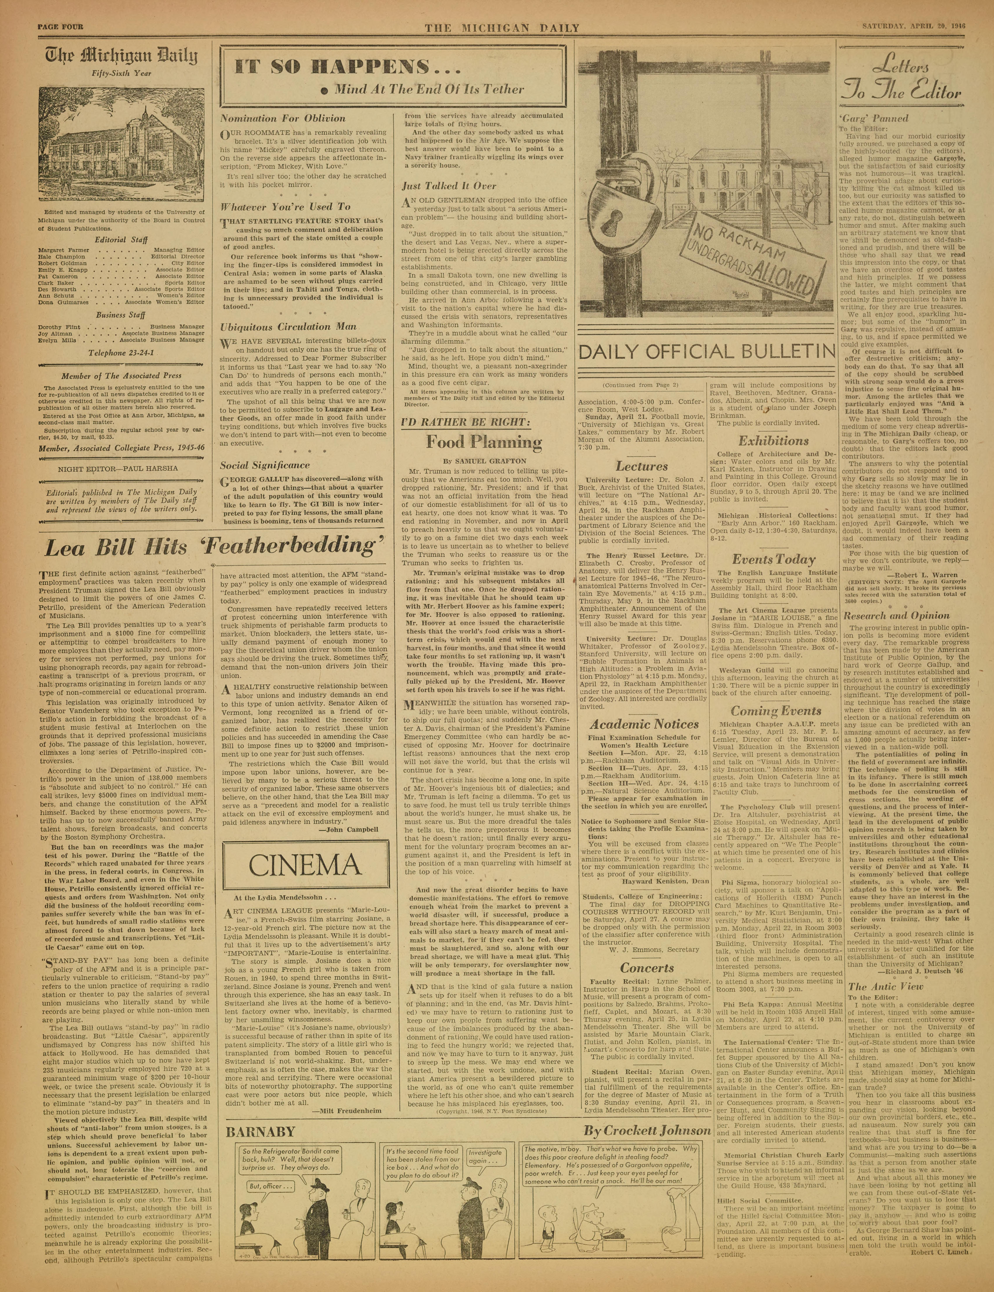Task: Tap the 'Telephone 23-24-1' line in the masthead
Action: point(121,353)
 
